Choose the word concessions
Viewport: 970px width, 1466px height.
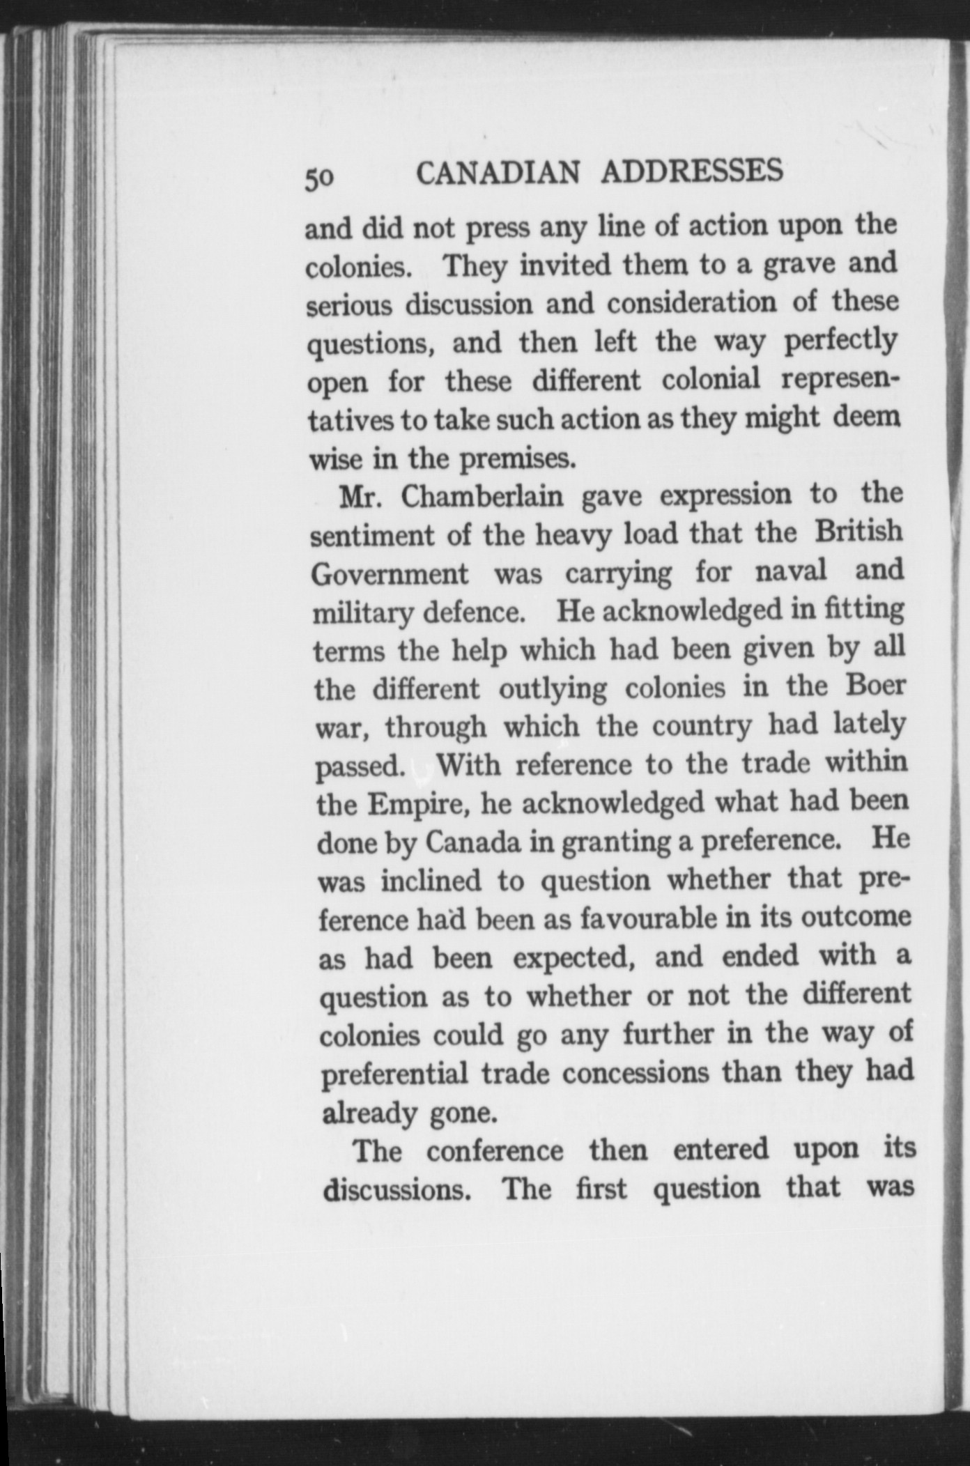tap(636, 1073)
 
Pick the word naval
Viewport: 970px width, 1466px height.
tap(791, 571)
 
